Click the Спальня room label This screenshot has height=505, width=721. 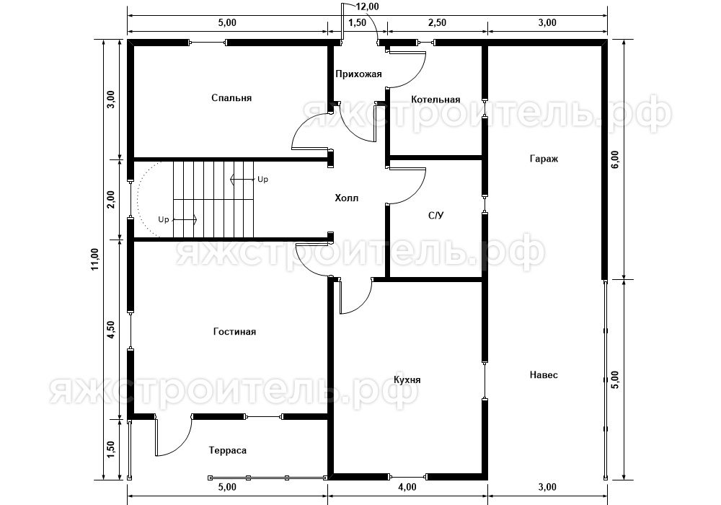click(x=231, y=98)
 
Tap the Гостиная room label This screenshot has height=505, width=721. click(x=234, y=332)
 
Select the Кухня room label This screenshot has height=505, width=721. click(x=407, y=380)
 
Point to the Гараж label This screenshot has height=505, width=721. click(x=544, y=159)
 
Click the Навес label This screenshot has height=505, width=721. click(x=544, y=375)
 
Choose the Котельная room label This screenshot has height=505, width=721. click(x=435, y=100)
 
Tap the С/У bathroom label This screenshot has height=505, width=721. click(x=435, y=215)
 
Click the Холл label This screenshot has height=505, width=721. click(x=346, y=198)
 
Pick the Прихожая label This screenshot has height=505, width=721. click(x=358, y=74)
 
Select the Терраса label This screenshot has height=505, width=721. click(x=228, y=451)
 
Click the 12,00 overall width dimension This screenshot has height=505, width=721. click(x=368, y=6)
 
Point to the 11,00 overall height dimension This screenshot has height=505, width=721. click(x=94, y=259)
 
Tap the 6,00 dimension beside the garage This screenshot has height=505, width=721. click(x=615, y=159)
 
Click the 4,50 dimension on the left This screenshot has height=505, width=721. click(x=110, y=330)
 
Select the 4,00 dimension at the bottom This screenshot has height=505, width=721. click(x=407, y=487)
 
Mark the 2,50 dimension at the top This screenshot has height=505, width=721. click(x=437, y=22)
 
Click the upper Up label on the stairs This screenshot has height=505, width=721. click(x=262, y=180)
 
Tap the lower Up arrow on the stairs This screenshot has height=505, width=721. click(x=185, y=220)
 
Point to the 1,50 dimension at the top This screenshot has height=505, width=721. click(x=358, y=22)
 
